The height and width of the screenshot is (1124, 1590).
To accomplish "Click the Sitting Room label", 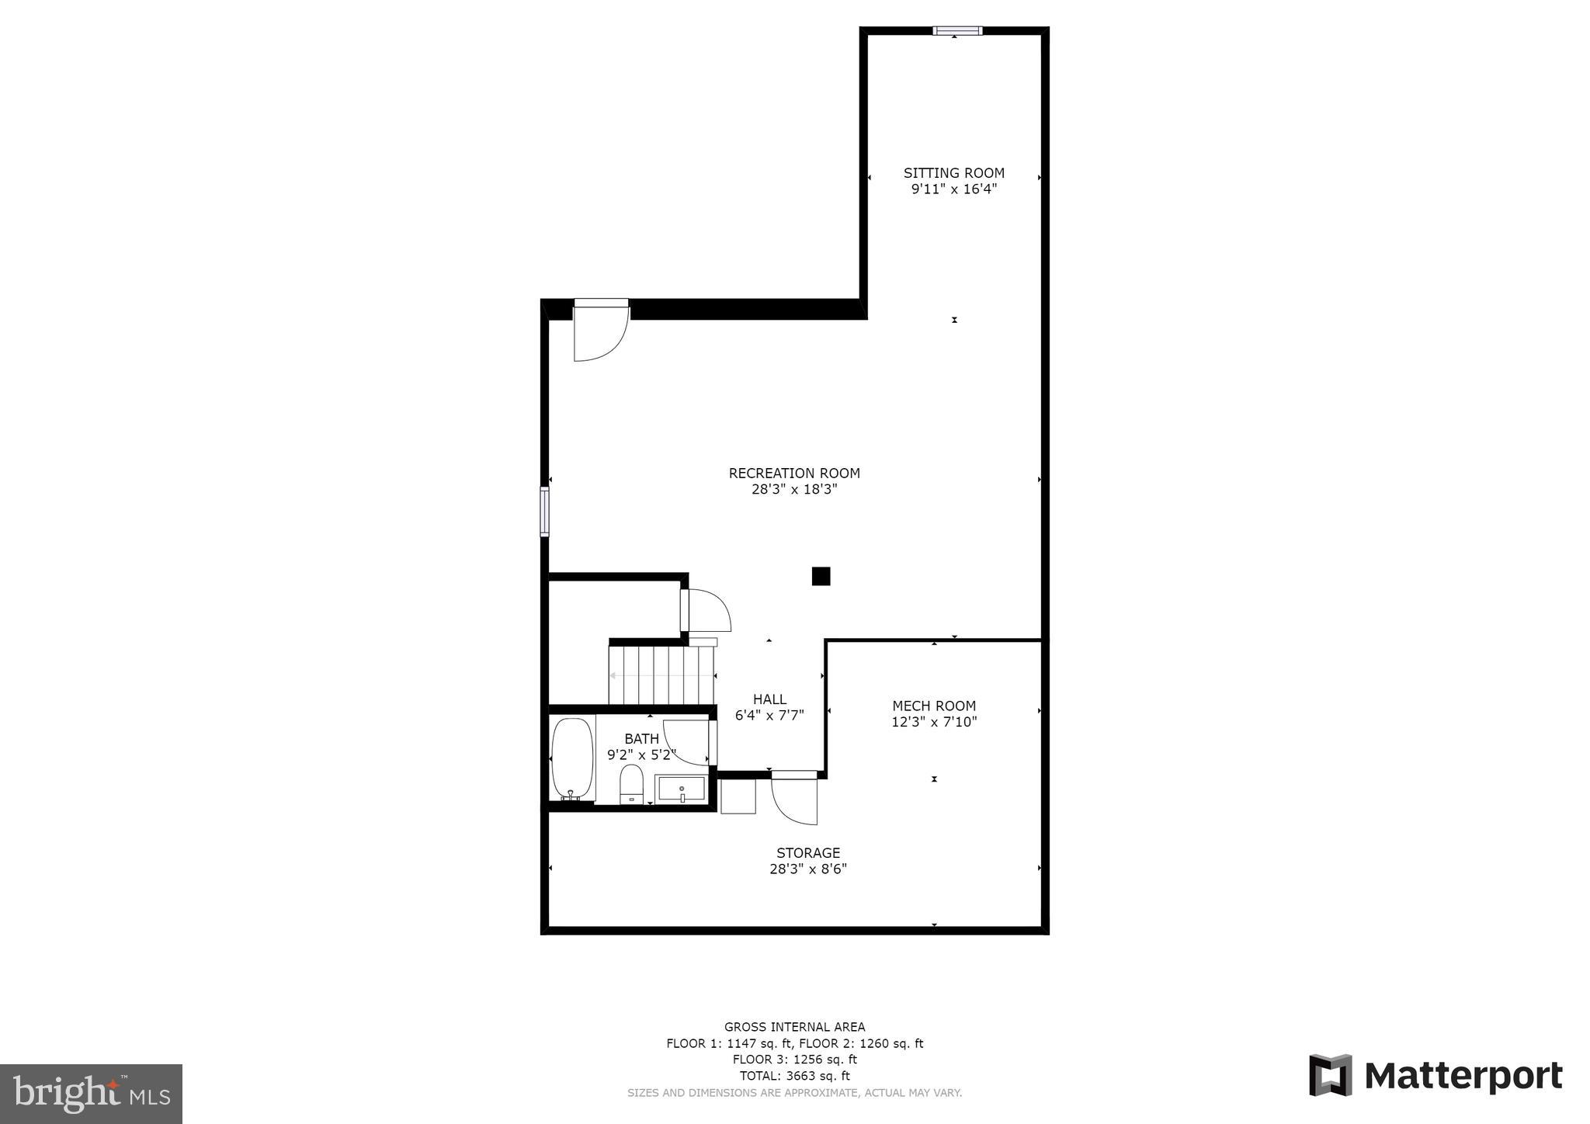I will pos(953,173).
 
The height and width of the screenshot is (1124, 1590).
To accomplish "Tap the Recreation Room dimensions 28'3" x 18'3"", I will pos(794,490).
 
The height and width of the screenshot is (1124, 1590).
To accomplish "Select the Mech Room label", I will pos(933,706).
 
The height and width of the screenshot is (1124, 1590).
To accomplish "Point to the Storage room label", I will pos(808,853).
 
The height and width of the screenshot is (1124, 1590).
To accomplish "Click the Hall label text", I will pos(769,699).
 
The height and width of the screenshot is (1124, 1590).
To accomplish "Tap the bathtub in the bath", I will pos(572,758).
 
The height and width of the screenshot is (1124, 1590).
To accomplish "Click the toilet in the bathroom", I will pos(631,784).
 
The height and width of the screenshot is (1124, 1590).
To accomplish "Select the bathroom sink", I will pos(681,789).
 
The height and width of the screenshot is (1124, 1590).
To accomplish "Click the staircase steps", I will pos(661,675).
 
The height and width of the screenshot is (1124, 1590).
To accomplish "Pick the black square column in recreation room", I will pos(821,576).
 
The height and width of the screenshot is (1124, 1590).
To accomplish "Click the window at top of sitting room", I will pos(956,31).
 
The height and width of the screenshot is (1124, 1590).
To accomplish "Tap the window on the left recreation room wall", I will pos(544,512).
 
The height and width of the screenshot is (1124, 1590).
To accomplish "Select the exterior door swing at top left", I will pos(599,332).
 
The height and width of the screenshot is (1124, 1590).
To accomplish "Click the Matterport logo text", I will pos(1463,1076).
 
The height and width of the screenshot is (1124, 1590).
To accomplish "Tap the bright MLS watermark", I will pos(91,1094).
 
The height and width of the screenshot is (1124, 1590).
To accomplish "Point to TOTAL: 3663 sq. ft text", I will pos(794,1076).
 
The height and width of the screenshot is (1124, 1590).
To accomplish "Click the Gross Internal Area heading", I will pos(794,1027).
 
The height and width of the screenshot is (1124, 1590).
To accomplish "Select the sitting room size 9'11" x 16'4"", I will pos(953,189).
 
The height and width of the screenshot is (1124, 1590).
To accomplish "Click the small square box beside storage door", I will pos(738,796).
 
